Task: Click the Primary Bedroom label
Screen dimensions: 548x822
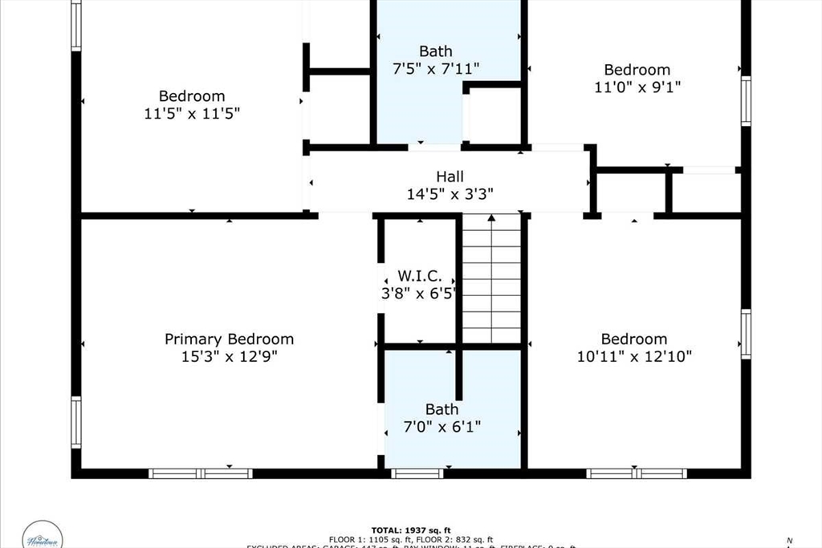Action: (229, 339)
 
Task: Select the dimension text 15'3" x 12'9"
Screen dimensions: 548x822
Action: (229, 356)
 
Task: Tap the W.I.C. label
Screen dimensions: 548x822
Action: (418, 276)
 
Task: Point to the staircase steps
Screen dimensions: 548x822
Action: (492, 281)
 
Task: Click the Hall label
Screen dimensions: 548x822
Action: (450, 177)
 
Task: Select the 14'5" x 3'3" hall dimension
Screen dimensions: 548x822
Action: (450, 193)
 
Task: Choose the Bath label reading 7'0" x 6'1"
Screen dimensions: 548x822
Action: (442, 410)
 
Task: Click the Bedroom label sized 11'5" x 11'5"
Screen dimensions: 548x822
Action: (191, 96)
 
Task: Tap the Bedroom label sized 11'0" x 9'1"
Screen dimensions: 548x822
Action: (637, 70)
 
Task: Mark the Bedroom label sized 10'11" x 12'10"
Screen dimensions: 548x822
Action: (634, 339)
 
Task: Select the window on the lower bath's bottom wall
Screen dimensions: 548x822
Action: (417, 473)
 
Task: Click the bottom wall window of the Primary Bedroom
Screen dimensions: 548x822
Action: (201, 473)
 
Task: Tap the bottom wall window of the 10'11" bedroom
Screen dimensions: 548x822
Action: (637, 473)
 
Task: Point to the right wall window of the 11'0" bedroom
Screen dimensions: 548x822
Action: (746, 101)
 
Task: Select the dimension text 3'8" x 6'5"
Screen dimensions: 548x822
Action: (418, 293)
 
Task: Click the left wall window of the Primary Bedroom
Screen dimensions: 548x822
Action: (76, 422)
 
